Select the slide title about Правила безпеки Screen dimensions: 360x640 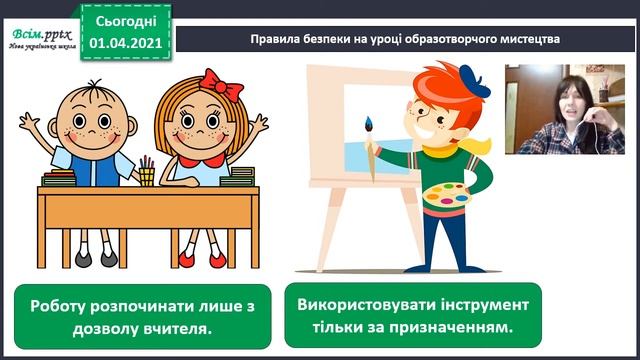click(404, 39)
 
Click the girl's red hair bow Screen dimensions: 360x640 click(221, 83)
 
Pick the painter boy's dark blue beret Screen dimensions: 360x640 click(473, 81)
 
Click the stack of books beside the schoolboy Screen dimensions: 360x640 click(60, 179)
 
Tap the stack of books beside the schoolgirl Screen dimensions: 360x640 click(239, 177)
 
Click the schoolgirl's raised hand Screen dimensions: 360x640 click(258, 125)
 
